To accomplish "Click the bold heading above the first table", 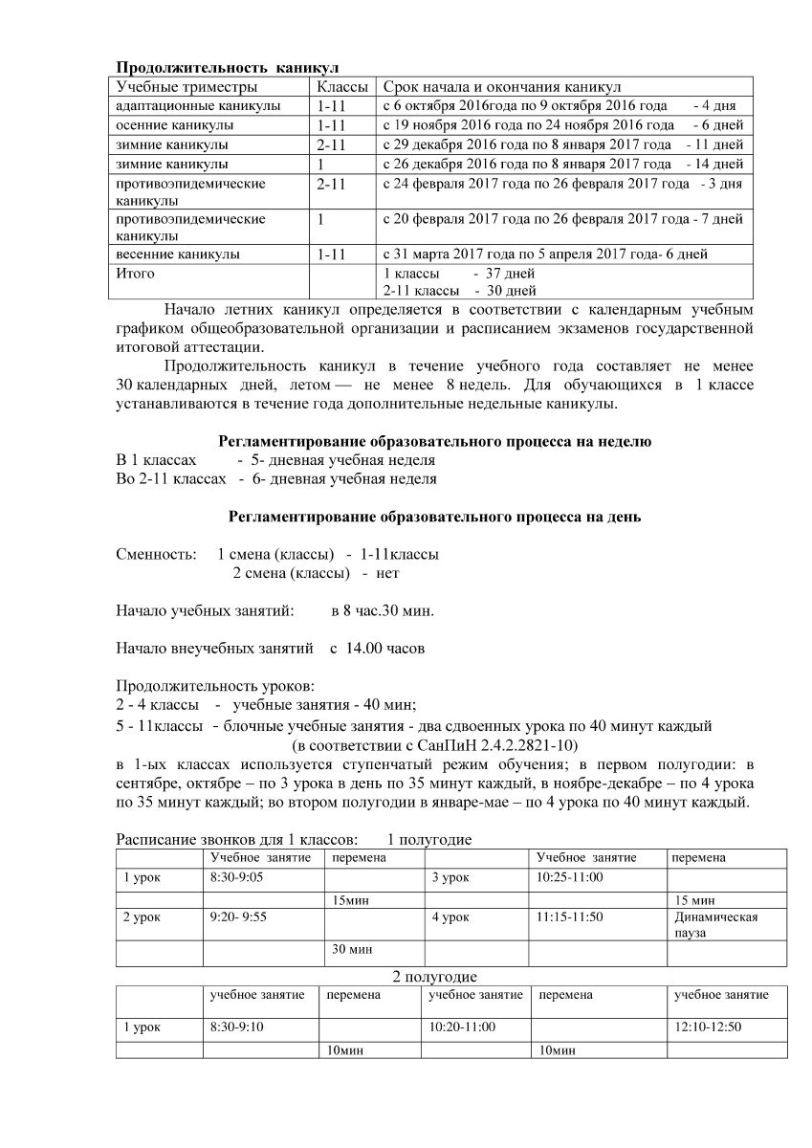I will (228, 68).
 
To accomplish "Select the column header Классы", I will (343, 87).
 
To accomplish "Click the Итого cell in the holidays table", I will (135, 274).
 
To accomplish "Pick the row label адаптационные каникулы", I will (198, 106).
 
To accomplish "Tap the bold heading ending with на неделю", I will (435, 441).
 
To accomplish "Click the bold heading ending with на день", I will (435, 517).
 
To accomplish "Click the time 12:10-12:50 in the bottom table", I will (709, 1027).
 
